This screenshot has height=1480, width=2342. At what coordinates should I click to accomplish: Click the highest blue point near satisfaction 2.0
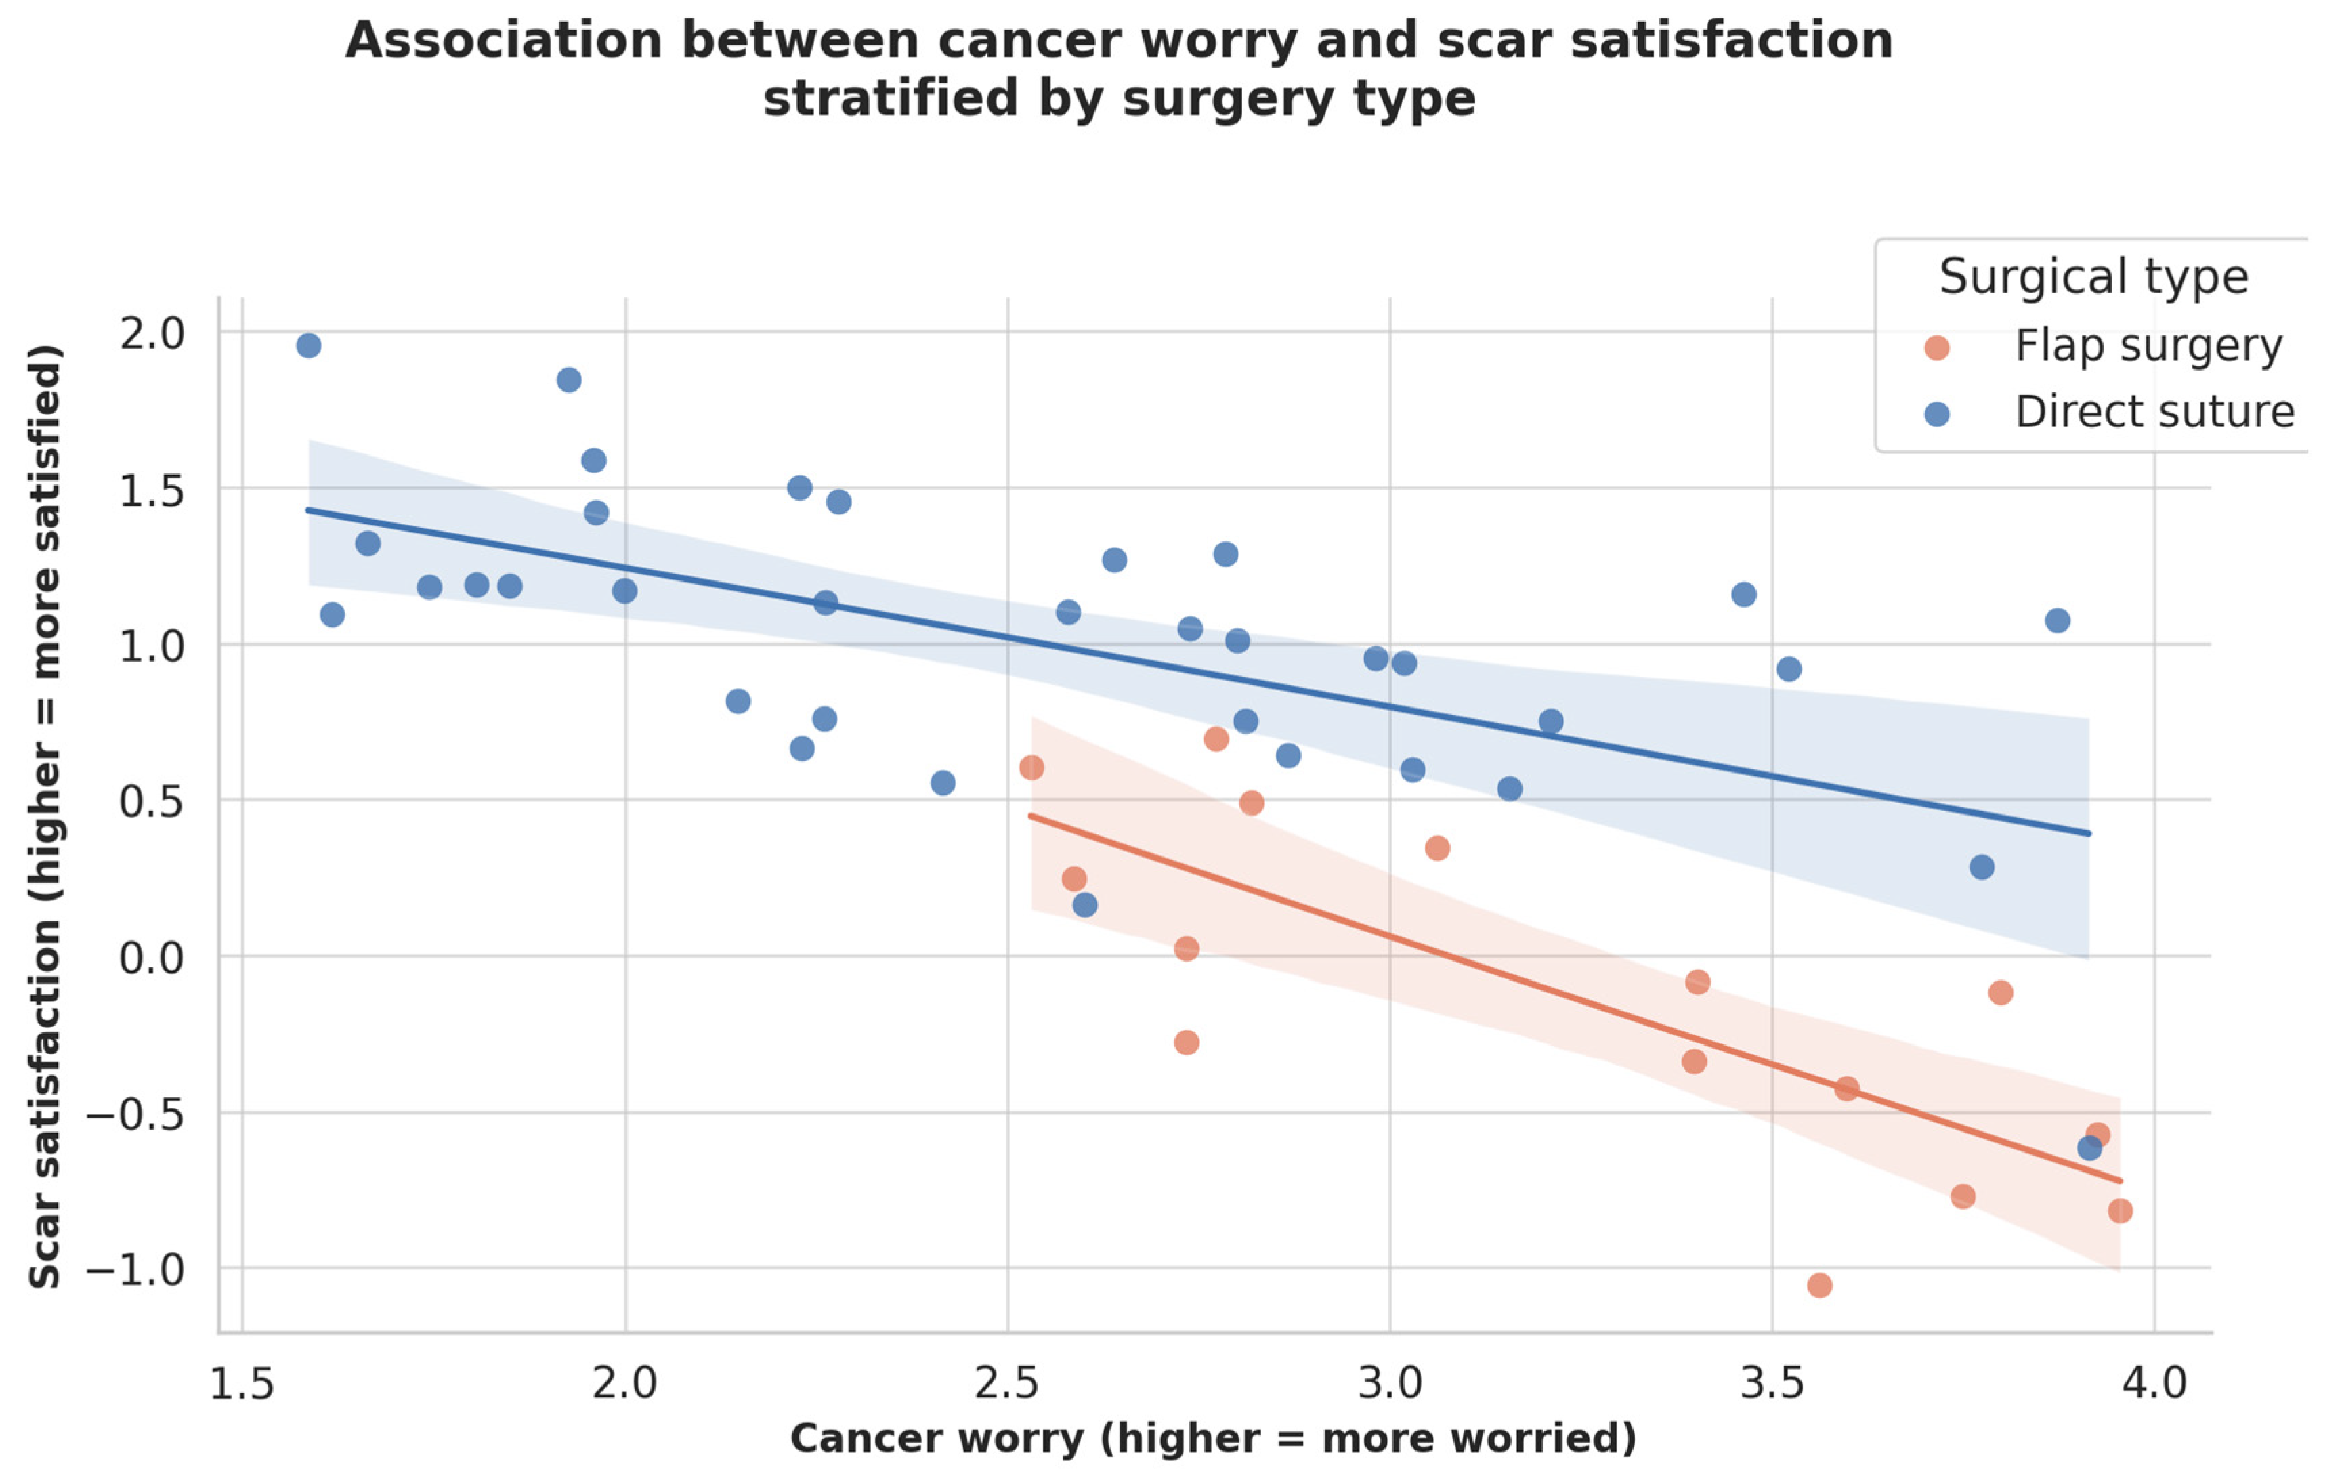pos(308,345)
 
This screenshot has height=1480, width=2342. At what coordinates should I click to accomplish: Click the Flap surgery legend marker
pos(1936,347)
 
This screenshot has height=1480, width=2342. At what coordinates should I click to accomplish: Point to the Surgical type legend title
pos(2093,277)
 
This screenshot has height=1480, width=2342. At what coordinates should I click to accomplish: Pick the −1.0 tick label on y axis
pos(135,1269)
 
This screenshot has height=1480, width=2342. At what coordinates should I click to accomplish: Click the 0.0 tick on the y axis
pos(152,958)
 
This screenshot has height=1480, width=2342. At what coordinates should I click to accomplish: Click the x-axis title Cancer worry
pos(1213,1438)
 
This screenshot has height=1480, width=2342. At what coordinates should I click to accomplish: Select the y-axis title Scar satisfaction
pos(45,817)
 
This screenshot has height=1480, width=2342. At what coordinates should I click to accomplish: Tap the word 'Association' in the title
pos(506,41)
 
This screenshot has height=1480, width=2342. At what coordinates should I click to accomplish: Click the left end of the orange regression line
pos(1031,815)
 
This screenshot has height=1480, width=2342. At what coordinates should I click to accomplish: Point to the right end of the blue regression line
pos(2088,833)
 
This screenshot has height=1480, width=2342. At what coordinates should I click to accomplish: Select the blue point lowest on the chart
pos(2088,1148)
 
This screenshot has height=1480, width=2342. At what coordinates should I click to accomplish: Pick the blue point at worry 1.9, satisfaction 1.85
pos(569,380)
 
